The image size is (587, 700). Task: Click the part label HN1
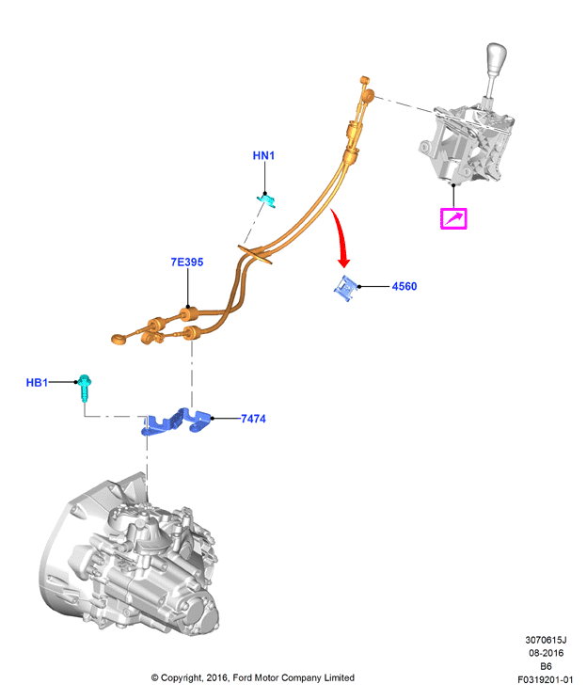pyautogui.click(x=263, y=155)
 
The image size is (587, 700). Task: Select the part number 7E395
pyautogui.click(x=187, y=262)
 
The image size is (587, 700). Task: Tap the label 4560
pyautogui.click(x=405, y=286)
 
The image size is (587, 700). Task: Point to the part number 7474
pyautogui.click(x=253, y=419)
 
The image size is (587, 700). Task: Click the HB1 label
pyautogui.click(x=37, y=383)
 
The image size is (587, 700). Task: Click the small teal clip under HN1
pyautogui.click(x=266, y=199)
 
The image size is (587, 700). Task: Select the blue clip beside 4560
pyautogui.click(x=346, y=288)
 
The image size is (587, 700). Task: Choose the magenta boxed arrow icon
pyautogui.click(x=453, y=218)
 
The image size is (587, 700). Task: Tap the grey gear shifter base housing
pyautogui.click(x=467, y=144)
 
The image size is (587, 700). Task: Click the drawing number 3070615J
pyautogui.click(x=546, y=640)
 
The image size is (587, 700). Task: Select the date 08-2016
pyautogui.click(x=546, y=653)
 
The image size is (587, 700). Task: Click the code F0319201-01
pyautogui.click(x=545, y=680)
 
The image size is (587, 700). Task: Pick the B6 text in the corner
pyautogui.click(x=546, y=666)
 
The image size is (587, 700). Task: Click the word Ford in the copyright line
pyautogui.click(x=243, y=677)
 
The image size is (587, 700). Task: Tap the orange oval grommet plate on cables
pyautogui.click(x=255, y=254)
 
